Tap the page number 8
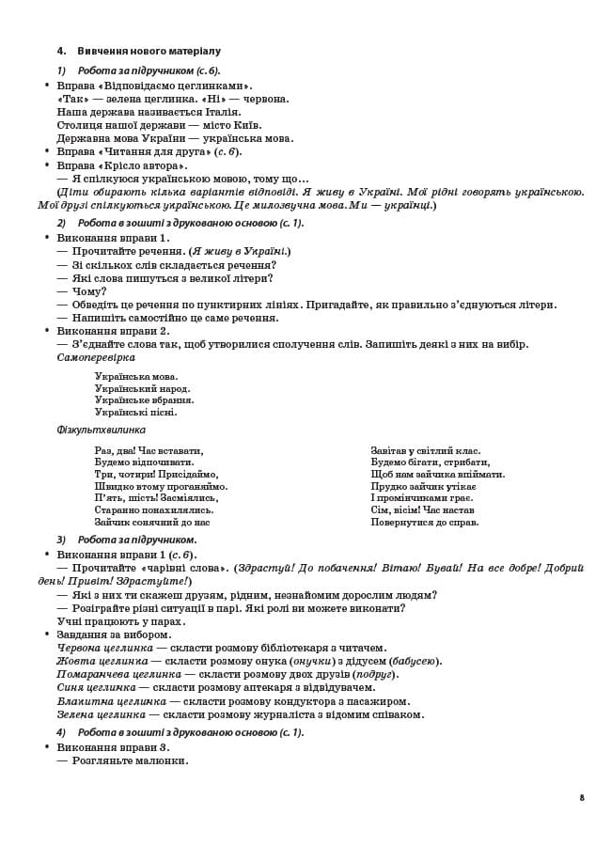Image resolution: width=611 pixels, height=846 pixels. pos(582,797)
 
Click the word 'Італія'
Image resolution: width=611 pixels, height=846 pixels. pos(232,112)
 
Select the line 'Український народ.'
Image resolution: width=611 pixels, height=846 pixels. pos(142,388)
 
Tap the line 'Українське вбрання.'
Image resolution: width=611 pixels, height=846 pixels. pos(144,400)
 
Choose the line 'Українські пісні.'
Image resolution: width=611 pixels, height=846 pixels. pos(135,412)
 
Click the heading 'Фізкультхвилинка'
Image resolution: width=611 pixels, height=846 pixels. pos(101,430)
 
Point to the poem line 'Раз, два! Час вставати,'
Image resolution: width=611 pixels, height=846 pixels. pos(149,450)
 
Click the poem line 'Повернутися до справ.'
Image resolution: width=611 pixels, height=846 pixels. pos(424,522)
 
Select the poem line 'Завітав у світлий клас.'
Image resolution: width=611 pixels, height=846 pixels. pos(425,450)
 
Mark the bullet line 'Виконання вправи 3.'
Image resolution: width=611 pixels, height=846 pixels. pos(113,747)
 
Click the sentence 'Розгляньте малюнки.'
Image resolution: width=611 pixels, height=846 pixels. pos(130,760)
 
